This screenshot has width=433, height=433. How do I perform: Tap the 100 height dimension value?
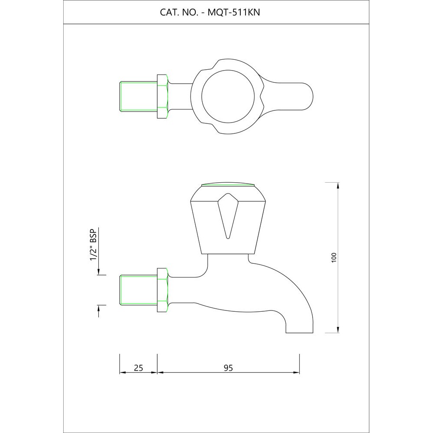click(x=333, y=257)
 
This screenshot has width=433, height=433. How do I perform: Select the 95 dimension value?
click(x=228, y=368)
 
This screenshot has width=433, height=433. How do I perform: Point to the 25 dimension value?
click(x=138, y=368)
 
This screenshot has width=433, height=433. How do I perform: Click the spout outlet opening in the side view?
click(x=299, y=333)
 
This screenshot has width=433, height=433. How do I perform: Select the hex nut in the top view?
click(x=162, y=96)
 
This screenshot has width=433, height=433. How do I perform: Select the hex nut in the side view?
click(x=162, y=290)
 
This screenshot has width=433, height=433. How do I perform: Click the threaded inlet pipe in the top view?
click(x=138, y=96)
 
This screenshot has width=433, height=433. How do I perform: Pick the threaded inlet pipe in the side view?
click(x=138, y=290)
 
